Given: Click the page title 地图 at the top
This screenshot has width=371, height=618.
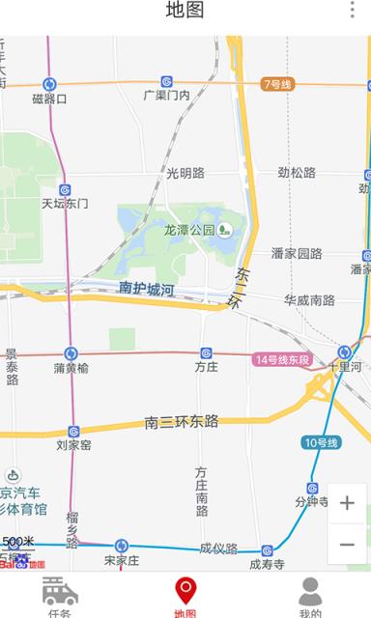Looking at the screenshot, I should (x=185, y=11).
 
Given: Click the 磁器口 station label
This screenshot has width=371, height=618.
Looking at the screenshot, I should (x=49, y=98).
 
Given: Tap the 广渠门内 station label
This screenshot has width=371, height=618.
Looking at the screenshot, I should (x=166, y=95).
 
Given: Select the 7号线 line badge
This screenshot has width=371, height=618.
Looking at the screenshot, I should (x=277, y=84).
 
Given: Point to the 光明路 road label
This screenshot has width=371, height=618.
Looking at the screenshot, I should (x=185, y=173).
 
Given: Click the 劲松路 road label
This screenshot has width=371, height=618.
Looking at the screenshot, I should (x=297, y=173).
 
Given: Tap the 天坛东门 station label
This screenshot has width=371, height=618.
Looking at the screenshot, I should (x=65, y=204).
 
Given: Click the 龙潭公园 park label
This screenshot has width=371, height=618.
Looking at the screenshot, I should (x=188, y=230).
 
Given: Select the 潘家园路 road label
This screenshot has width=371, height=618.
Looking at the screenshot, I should (x=297, y=254).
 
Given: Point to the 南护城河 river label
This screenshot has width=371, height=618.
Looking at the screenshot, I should (x=146, y=288).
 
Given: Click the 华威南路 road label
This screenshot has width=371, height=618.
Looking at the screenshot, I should (x=309, y=300).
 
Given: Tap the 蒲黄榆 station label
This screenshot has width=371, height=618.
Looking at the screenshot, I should (x=71, y=367).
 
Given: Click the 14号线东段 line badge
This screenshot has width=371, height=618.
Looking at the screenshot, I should (x=282, y=360).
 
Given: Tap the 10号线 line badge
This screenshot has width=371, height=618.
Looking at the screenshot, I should (x=320, y=442).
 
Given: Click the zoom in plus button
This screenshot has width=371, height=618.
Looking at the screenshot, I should (x=347, y=503).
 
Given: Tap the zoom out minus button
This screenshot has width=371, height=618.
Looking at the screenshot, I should (x=347, y=544).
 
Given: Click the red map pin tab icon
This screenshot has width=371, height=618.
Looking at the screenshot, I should (x=185, y=590).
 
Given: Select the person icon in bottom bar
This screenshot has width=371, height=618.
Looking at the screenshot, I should (x=310, y=590).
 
